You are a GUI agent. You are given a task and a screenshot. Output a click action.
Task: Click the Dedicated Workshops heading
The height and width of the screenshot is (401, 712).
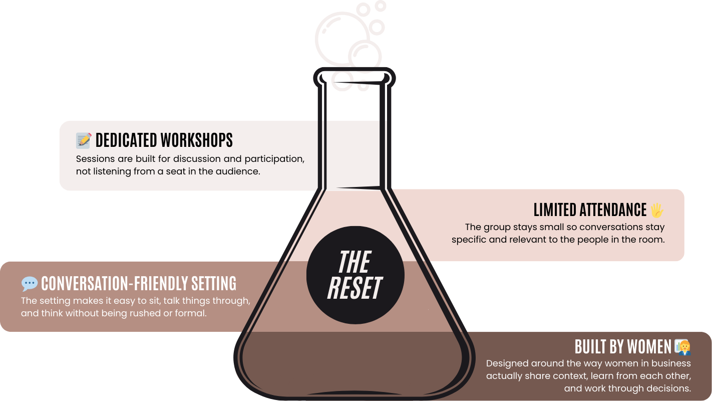[x=164, y=140]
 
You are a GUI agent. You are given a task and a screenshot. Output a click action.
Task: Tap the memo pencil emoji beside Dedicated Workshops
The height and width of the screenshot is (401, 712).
[x=84, y=140]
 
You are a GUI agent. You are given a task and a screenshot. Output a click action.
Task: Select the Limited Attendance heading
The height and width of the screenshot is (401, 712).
[x=590, y=210]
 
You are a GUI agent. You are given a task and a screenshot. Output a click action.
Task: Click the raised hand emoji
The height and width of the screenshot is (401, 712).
[x=656, y=210]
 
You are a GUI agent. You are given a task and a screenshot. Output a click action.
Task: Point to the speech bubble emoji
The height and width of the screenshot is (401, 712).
[x=30, y=284]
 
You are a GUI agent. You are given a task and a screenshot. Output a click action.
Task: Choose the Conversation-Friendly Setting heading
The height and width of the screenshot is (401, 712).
[x=139, y=284]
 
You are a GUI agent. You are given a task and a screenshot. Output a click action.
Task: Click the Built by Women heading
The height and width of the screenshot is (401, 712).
[x=623, y=347]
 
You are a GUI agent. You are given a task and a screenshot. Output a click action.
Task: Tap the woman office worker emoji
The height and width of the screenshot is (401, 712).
[x=682, y=347]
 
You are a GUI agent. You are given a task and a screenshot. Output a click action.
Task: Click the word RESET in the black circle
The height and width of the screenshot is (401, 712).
[x=354, y=288]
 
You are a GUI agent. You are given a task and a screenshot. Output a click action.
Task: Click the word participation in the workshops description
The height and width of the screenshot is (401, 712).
[x=274, y=159]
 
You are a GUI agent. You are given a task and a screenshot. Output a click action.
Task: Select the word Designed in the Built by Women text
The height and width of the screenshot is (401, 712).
[x=507, y=363]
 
